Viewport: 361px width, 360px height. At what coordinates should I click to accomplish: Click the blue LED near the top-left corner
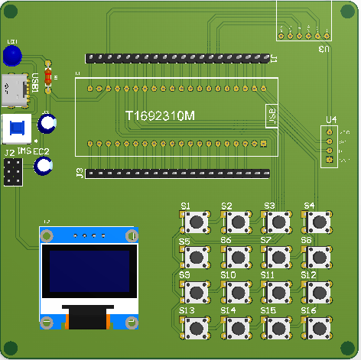[x=11, y=56]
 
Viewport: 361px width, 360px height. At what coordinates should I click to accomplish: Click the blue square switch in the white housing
[x=18, y=128]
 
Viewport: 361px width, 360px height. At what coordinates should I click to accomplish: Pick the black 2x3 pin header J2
[x=11, y=174]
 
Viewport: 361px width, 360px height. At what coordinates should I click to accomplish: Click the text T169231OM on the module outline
[x=160, y=116]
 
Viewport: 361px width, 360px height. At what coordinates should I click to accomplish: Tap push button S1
[x=197, y=222]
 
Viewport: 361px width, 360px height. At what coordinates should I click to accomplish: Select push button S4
[x=317, y=222]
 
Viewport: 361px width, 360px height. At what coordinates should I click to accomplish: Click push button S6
[x=236, y=257]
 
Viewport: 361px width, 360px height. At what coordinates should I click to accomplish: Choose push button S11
[x=276, y=291]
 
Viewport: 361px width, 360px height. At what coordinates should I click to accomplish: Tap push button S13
[x=197, y=327]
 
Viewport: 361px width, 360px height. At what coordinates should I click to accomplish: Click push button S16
[x=317, y=327]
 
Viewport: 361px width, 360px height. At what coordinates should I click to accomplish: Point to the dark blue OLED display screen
[x=89, y=271]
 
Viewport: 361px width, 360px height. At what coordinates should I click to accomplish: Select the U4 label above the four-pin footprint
[x=330, y=120]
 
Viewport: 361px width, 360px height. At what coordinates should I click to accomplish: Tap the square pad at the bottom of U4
[x=330, y=161]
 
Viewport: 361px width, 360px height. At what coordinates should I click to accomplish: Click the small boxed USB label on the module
[x=271, y=116]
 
